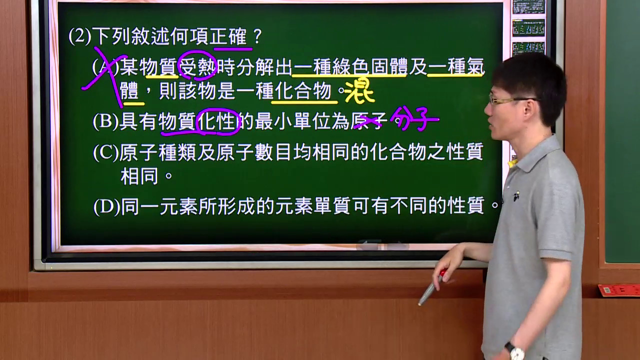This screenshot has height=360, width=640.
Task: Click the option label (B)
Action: click(x=105, y=121)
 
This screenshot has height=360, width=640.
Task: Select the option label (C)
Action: click(x=105, y=152)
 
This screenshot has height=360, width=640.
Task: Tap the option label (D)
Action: click(x=106, y=207)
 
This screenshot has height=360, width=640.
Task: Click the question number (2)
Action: click(x=79, y=37)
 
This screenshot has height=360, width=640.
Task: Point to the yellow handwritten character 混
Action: click(x=359, y=89)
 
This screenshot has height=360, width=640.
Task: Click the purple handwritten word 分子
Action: click(x=414, y=118)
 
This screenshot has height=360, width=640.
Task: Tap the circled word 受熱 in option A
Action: click(x=197, y=66)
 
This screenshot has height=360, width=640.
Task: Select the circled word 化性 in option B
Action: click(x=217, y=121)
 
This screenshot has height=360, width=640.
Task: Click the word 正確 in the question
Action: click(x=228, y=37)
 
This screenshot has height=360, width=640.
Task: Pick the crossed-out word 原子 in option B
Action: click(x=368, y=121)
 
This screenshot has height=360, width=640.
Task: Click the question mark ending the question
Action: click(x=257, y=37)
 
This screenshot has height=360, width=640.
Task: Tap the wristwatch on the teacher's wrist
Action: click(x=515, y=350)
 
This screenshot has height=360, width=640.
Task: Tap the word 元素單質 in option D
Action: click(x=313, y=206)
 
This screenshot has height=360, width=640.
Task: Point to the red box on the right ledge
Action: click(x=619, y=290)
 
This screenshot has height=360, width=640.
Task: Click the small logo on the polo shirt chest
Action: click(x=515, y=196)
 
